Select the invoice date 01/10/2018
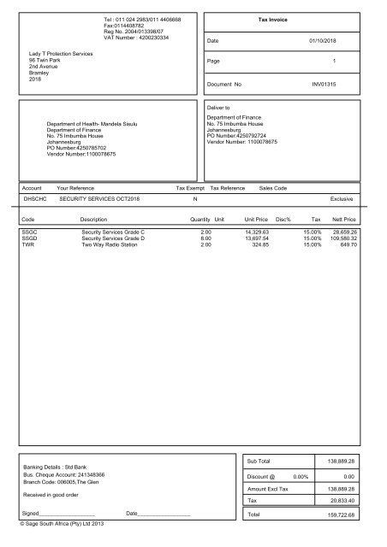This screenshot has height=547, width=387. pos(323,40)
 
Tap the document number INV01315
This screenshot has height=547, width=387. pos(324,85)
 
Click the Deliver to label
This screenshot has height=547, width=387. pos(218,109)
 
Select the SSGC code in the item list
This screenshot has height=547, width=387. pos(30,232)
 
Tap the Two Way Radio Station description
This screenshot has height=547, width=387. pos(110,244)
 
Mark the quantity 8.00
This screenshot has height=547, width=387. pos(205,238)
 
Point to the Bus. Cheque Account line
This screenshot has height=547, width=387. pos(64,473)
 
